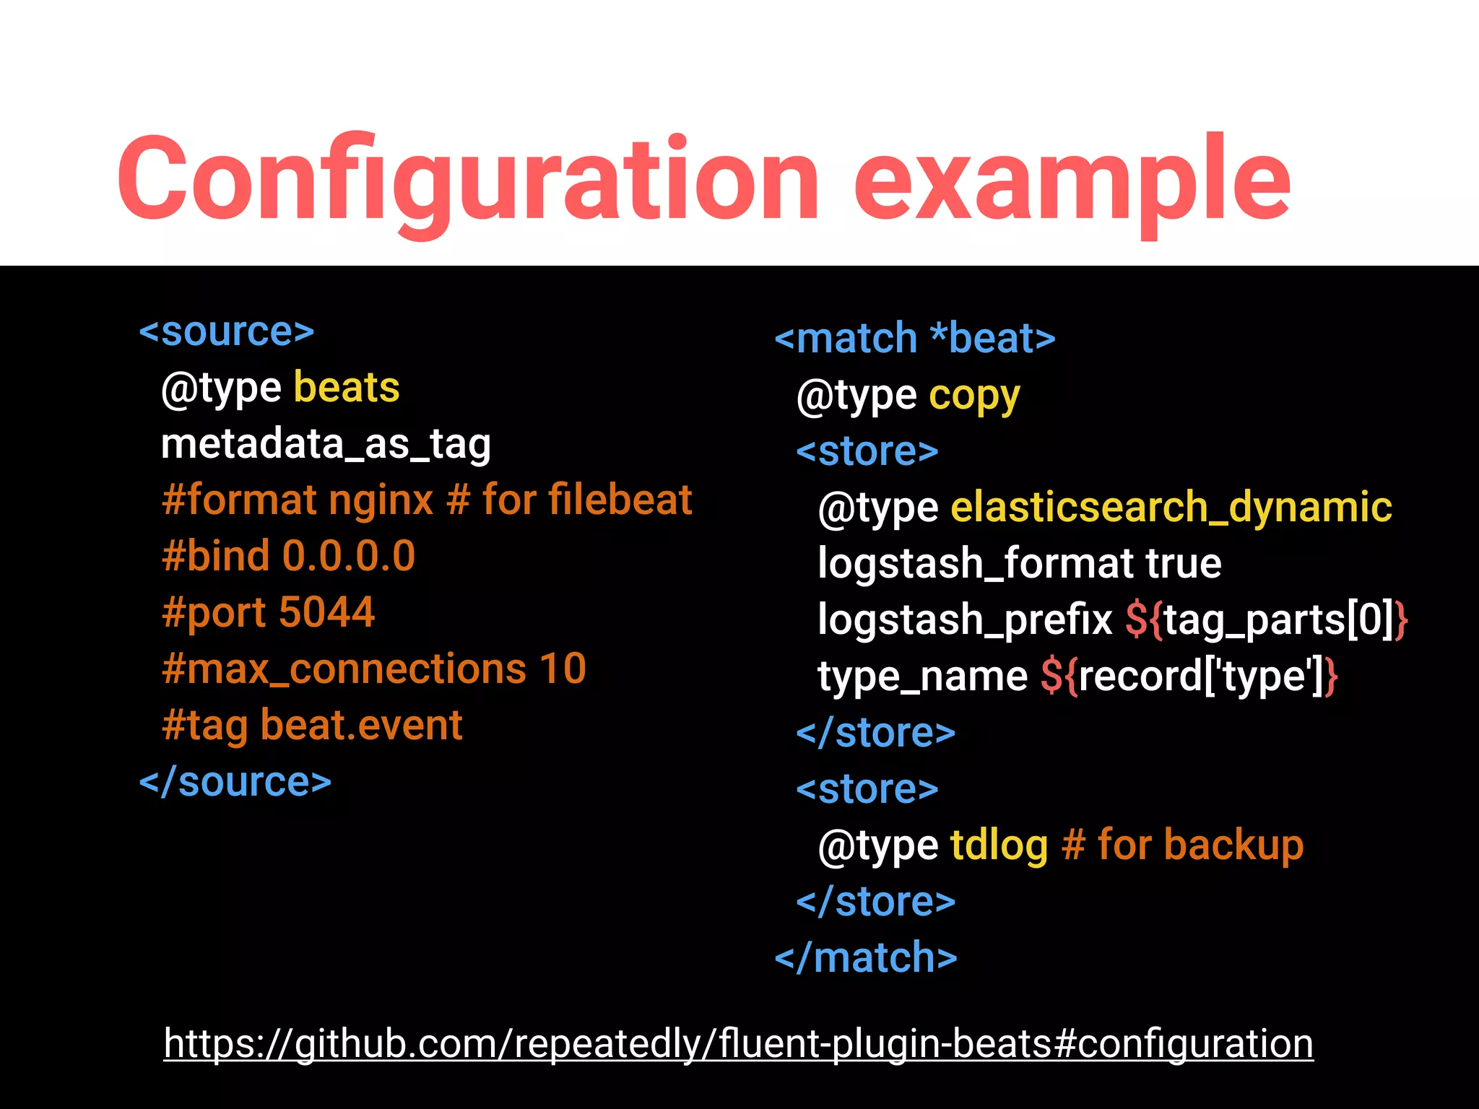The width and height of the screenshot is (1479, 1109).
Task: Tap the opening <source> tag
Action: [x=227, y=332]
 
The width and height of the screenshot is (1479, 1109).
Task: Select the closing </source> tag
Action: [x=235, y=782]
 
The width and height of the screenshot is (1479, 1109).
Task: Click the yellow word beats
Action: [x=347, y=388]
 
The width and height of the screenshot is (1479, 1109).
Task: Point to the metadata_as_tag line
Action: [x=326, y=444]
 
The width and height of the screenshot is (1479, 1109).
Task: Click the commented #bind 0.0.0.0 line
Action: [x=289, y=556]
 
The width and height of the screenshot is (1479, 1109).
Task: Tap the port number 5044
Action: [x=326, y=612]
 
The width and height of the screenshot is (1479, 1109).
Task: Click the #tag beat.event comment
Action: [x=312, y=725]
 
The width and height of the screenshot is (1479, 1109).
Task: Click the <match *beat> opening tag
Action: [x=914, y=339]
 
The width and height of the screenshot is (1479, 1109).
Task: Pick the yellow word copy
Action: [x=974, y=396]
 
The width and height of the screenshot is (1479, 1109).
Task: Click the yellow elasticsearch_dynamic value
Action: [x=1171, y=508]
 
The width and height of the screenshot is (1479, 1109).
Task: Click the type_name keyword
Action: [x=922, y=677]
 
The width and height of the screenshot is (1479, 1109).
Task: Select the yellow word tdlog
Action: [x=999, y=845]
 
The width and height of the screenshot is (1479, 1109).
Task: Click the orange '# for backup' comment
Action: [x=1183, y=845]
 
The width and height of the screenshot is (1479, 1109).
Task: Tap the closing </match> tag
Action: [x=865, y=958]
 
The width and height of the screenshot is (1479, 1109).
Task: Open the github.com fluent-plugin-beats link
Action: [x=738, y=1044]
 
